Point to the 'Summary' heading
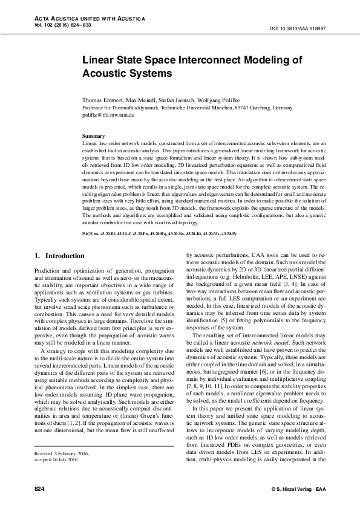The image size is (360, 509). [93, 136]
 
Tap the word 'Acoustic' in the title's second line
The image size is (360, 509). [104, 73]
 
